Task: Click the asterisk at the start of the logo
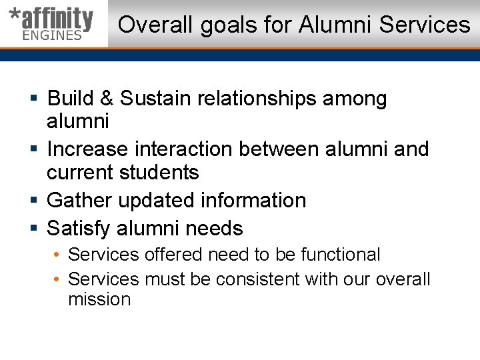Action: coord(13,15)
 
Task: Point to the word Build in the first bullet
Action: coord(71,99)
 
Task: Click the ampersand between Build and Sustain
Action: coord(107,99)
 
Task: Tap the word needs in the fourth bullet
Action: coord(214,229)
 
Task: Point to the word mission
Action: coord(99,299)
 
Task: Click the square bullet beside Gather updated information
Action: coord(34,201)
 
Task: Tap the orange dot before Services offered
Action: coord(58,255)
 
